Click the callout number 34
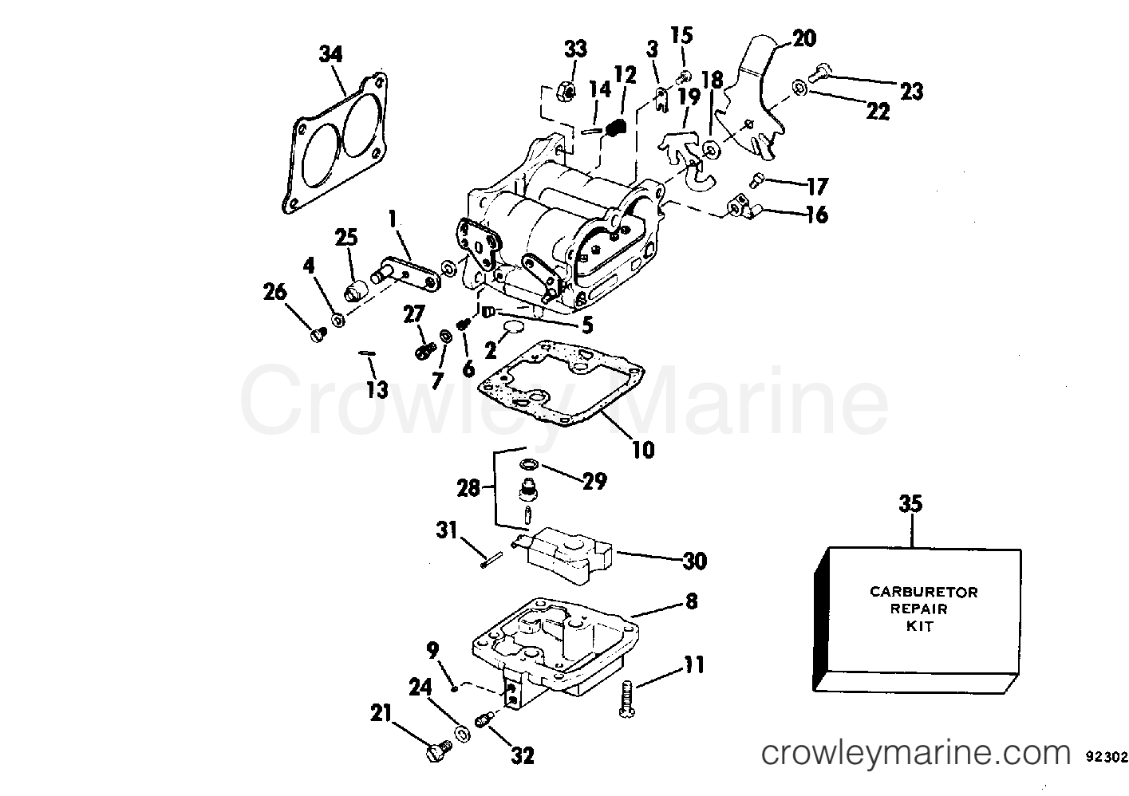(x=330, y=54)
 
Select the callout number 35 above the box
(x=910, y=504)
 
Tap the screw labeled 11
(x=625, y=699)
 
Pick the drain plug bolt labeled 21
(x=436, y=751)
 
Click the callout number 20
(x=803, y=37)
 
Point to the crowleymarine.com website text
(x=915, y=752)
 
